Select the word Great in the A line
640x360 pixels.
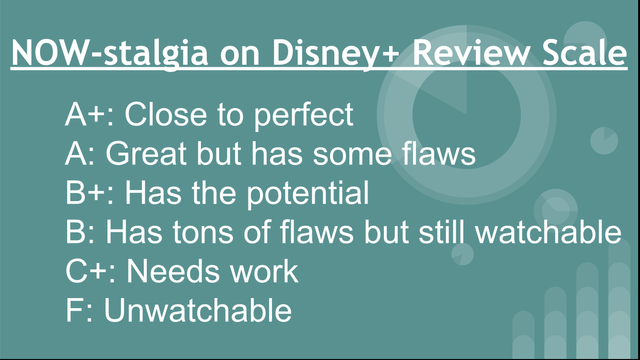[146, 154]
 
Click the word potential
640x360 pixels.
[308, 194]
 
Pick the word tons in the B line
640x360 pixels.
[202, 232]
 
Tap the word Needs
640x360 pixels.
[173, 271]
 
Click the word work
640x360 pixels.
[264, 271]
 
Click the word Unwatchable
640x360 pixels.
[198, 310]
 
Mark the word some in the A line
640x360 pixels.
[352, 156]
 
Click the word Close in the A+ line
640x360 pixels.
[166, 114]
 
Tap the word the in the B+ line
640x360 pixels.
[213, 192]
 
